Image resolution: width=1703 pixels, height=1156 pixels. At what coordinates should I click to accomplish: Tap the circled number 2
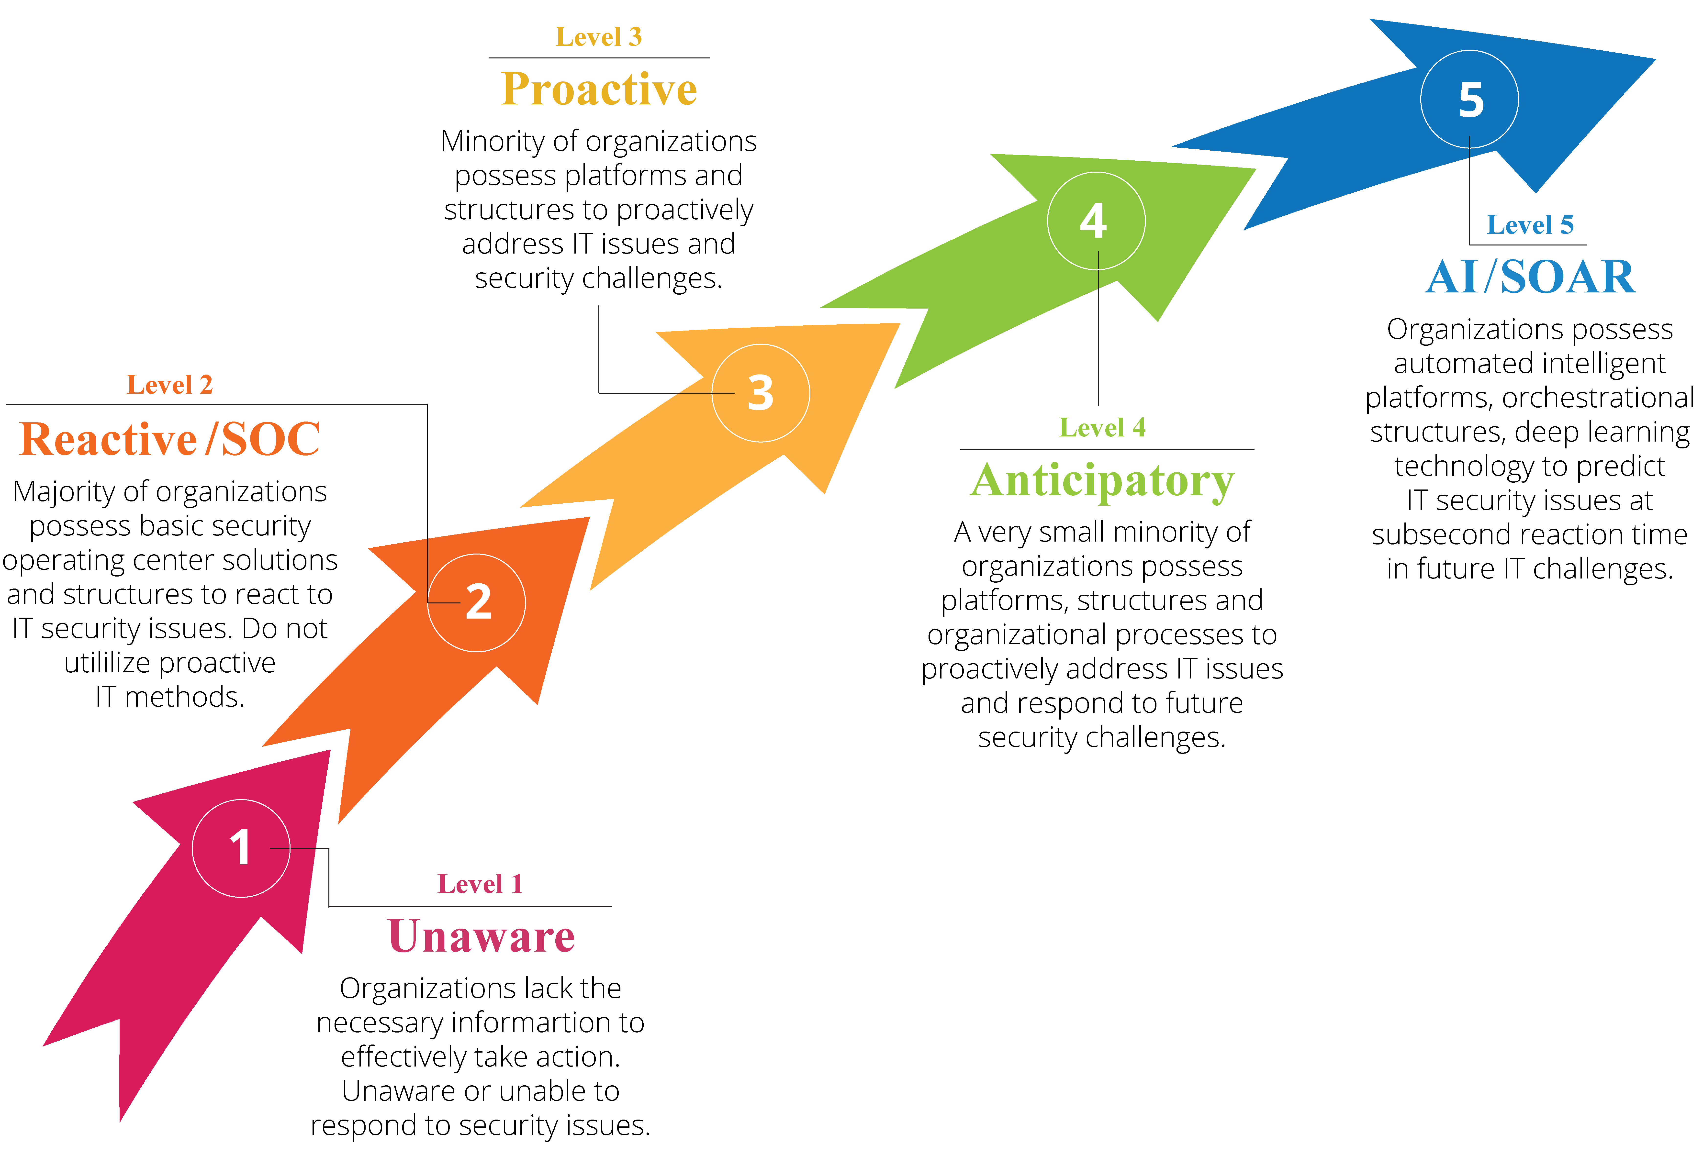477,602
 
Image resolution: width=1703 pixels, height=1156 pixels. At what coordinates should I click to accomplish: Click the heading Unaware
481,936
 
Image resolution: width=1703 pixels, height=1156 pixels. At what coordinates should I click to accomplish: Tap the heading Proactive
599,89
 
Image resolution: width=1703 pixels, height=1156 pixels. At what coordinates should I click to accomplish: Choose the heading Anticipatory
1102,481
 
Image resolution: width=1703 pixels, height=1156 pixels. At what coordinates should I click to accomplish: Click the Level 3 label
599,37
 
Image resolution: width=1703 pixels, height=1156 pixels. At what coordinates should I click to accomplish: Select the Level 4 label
1102,427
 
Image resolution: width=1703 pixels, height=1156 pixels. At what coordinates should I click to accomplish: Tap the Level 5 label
1530,225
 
